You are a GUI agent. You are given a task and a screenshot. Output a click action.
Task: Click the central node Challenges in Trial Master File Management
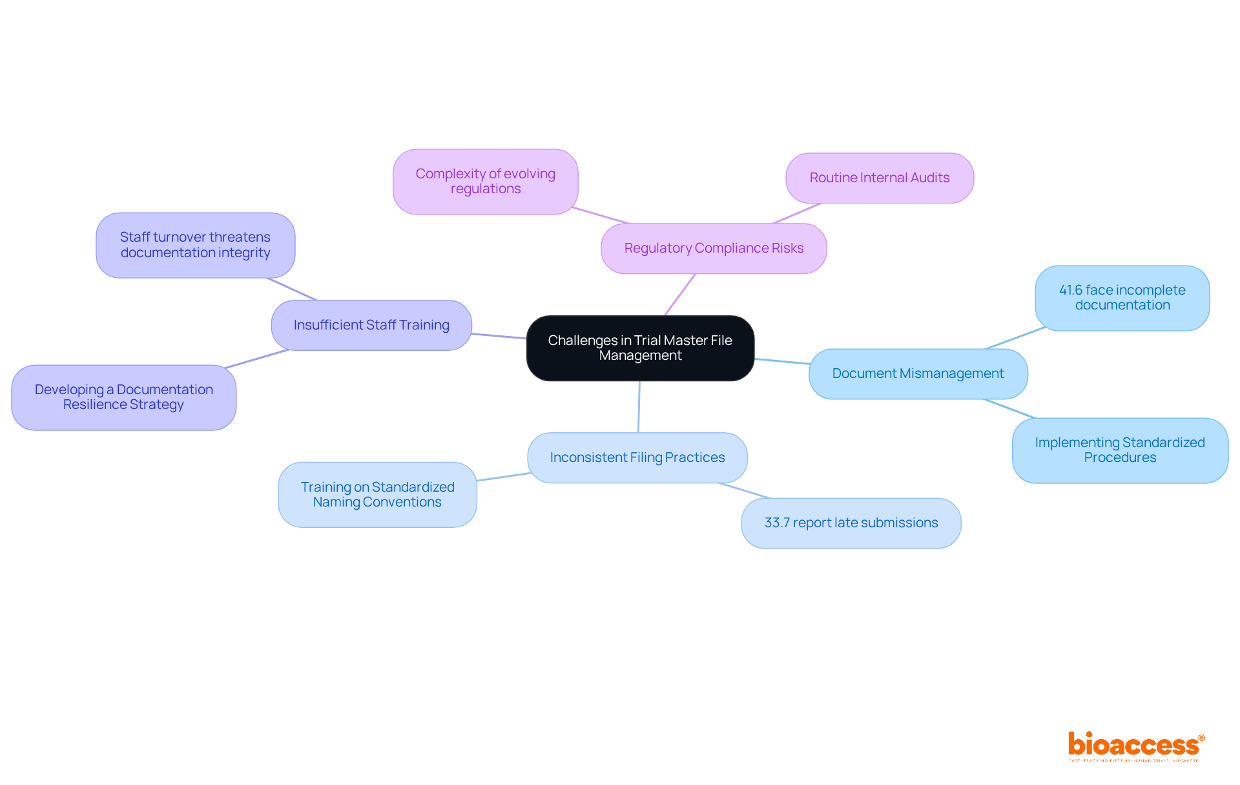640,348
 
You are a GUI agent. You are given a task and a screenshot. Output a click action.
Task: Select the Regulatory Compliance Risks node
714,249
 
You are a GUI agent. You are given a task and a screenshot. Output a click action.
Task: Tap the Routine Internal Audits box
879,178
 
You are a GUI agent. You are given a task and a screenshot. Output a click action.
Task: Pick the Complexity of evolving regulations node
485,182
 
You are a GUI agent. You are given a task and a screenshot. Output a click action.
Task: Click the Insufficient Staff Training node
371,325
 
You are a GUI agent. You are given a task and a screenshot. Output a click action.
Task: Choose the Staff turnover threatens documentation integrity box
195,246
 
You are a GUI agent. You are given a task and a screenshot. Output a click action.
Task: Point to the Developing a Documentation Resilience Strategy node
123,397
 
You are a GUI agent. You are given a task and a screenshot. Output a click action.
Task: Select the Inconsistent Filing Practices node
637,457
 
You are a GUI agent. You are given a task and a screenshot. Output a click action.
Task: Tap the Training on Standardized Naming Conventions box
377,495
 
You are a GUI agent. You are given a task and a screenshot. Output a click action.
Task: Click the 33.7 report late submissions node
851,523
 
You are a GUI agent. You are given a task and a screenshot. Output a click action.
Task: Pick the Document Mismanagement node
918,374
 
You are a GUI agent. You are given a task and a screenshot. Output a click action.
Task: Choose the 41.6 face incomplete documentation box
1122,298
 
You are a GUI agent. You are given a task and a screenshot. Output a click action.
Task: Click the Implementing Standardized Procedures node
1120,450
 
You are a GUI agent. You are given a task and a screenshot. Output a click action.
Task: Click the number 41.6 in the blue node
1071,291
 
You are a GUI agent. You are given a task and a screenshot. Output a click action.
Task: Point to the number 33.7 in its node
777,523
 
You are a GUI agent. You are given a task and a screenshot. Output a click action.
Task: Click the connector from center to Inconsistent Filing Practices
639,407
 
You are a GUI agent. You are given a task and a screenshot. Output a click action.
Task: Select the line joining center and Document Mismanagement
781,361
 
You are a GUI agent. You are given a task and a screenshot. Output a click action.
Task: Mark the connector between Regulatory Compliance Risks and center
680,295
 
